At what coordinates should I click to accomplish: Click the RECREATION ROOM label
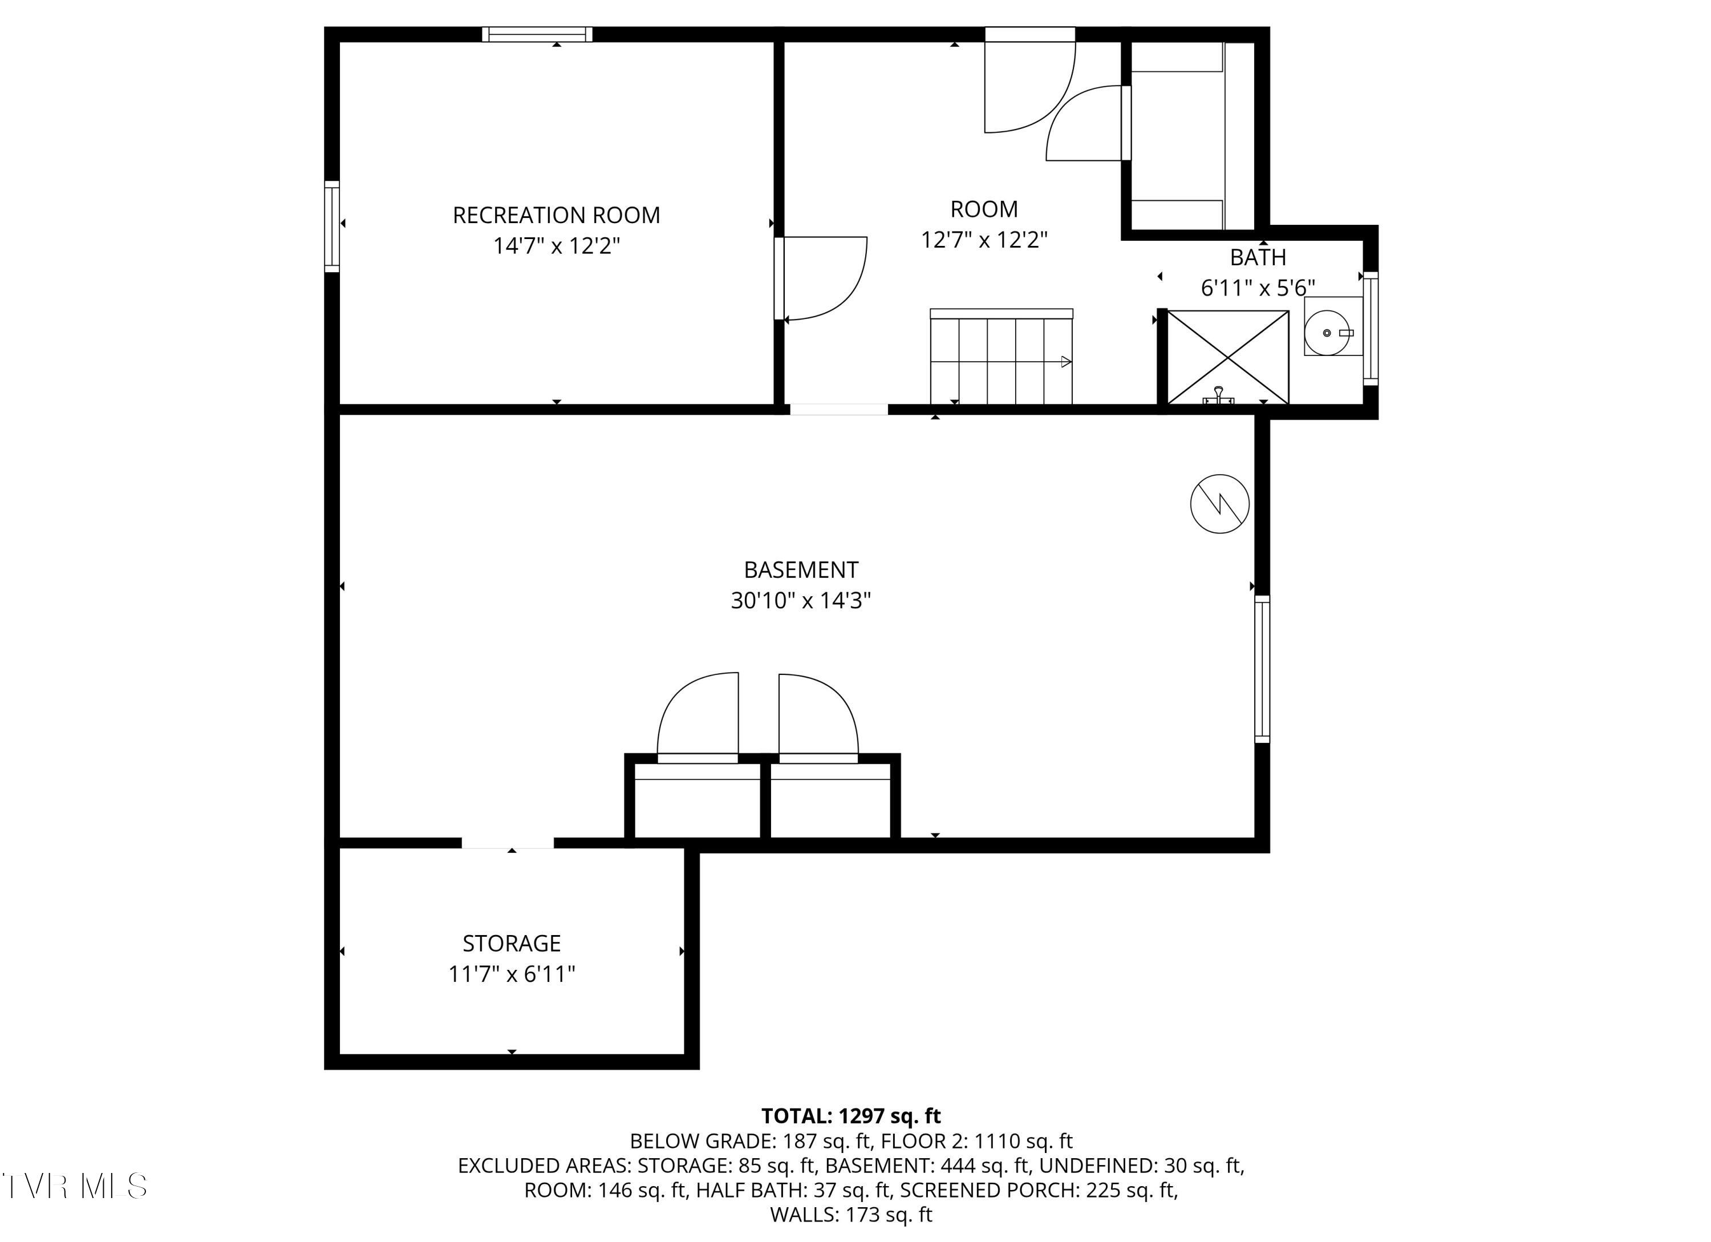[556, 216]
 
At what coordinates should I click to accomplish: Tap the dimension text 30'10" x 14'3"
[800, 601]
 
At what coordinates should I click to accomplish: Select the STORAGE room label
[512, 943]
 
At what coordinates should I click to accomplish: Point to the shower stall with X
[1227, 357]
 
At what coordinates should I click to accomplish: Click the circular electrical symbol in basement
[1219, 503]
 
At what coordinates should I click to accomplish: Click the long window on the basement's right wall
[1262, 669]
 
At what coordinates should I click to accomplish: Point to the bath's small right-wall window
[1370, 328]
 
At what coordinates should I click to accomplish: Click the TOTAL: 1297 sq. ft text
[851, 1115]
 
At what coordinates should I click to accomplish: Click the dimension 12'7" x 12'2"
[984, 240]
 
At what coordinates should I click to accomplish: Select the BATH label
[1258, 257]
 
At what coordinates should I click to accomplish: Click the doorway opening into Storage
[508, 843]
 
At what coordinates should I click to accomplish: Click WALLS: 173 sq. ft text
[851, 1214]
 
